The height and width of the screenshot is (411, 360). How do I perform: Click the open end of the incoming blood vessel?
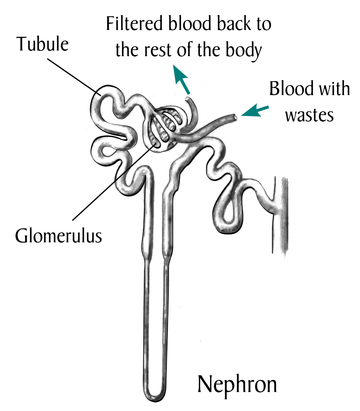[235, 117]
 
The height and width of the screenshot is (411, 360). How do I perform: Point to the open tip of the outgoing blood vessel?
[188, 99]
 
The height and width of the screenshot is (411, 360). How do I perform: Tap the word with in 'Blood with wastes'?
[334, 89]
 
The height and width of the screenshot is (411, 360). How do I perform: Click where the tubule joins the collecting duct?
[273, 202]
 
